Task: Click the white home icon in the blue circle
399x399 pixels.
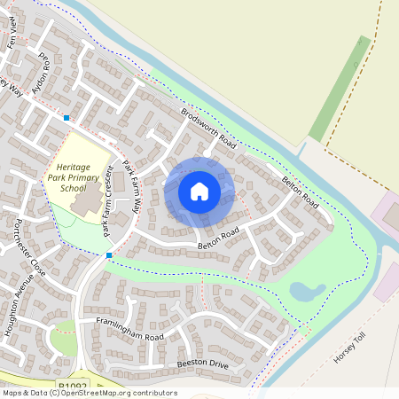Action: point(199,192)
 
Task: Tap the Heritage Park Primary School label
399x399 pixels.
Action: point(81,176)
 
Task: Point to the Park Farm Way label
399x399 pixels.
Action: point(130,186)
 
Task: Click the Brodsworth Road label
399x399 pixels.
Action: point(209,129)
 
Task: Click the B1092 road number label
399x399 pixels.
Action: point(74,387)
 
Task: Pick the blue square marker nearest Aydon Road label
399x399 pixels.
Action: point(66,117)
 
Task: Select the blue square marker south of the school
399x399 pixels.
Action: point(109,255)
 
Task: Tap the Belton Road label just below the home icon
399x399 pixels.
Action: point(218,237)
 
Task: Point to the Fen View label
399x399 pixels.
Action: point(12,35)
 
